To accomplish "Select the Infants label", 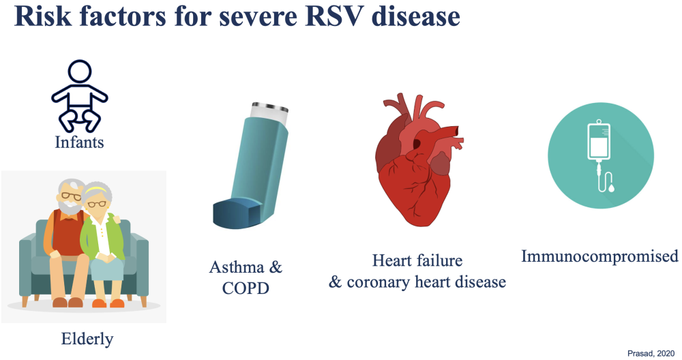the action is [79, 142].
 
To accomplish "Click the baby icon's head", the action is [80, 72].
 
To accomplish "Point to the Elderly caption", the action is [87, 339].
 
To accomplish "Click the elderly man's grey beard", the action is [70, 205].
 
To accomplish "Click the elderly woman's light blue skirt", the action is [107, 267].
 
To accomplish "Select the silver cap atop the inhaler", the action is [269, 107].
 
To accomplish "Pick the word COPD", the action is [246, 288].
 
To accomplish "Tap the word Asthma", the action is [237, 267].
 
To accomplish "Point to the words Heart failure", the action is [417, 260].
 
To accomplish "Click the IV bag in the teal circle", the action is [599, 141].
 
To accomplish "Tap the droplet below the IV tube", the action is [612, 188].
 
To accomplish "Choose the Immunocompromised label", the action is [599, 256].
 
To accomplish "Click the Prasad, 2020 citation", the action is [651, 353].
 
